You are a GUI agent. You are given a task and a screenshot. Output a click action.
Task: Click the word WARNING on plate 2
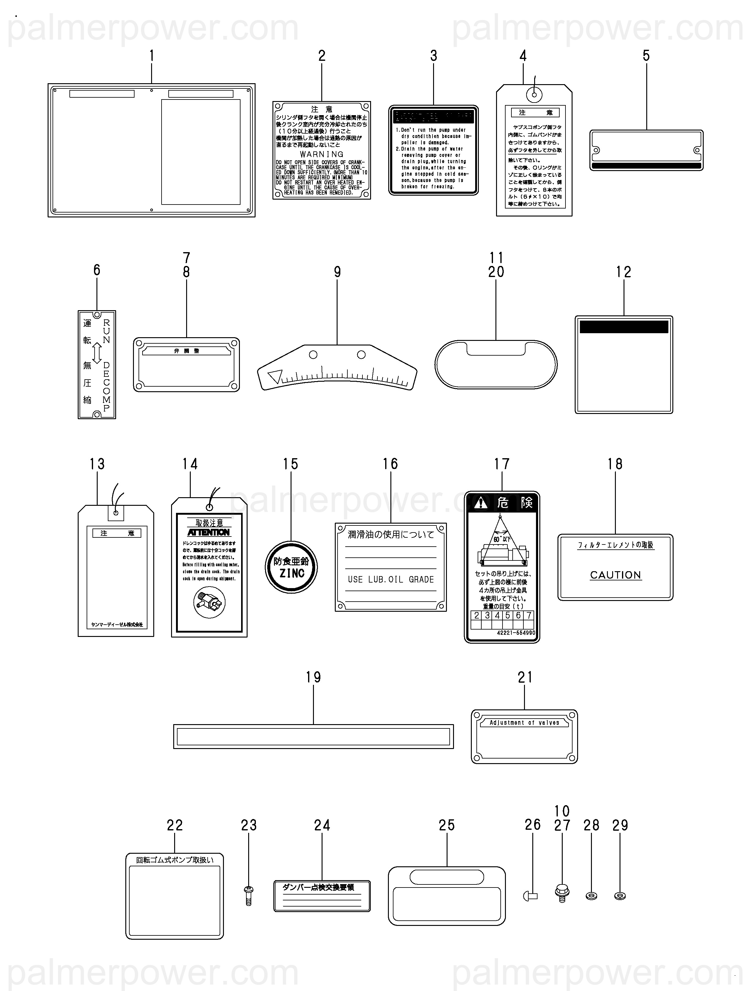(x=321, y=154)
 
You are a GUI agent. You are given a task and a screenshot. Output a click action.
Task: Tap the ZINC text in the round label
(x=292, y=573)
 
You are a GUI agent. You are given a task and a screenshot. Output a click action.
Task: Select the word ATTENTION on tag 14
(x=208, y=532)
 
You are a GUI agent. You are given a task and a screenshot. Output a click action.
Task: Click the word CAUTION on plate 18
(x=615, y=575)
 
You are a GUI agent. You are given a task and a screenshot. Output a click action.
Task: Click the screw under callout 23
(x=249, y=896)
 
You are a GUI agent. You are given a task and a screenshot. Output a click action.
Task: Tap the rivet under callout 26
(x=530, y=896)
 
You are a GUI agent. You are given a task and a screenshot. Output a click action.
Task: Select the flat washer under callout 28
(x=591, y=896)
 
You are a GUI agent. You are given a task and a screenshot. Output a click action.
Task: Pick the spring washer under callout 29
(x=620, y=896)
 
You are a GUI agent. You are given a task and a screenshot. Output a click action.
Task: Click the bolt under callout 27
(x=561, y=893)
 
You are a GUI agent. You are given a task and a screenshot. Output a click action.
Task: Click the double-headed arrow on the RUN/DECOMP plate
(x=97, y=353)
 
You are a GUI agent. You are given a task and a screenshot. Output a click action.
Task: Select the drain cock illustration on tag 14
(x=209, y=603)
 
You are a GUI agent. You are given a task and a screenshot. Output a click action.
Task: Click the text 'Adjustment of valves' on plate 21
(x=524, y=723)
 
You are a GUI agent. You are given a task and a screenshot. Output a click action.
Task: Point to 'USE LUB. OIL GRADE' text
(x=391, y=579)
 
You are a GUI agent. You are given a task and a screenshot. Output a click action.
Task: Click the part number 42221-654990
(x=516, y=633)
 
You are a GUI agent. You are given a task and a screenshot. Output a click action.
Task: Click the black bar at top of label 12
(x=624, y=327)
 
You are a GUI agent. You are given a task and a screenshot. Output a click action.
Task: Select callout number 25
(x=447, y=825)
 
